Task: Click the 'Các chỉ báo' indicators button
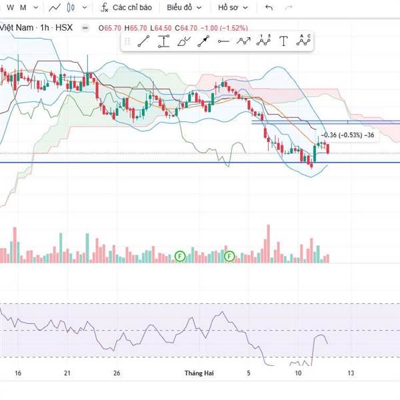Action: tap(127, 7)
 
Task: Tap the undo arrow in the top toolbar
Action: tap(269, 7)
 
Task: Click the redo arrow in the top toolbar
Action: tap(289, 7)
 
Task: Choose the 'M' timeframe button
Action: tap(23, 7)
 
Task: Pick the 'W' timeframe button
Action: tap(9, 7)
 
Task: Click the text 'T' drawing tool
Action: tap(283, 41)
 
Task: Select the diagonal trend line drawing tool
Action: tap(143, 41)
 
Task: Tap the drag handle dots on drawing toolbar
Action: tap(127, 41)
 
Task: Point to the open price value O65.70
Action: tap(109, 28)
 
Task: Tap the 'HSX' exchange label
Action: tap(64, 28)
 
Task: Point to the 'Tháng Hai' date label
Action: tap(197, 373)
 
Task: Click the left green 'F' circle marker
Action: tap(179, 256)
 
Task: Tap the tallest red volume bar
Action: tap(268, 243)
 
